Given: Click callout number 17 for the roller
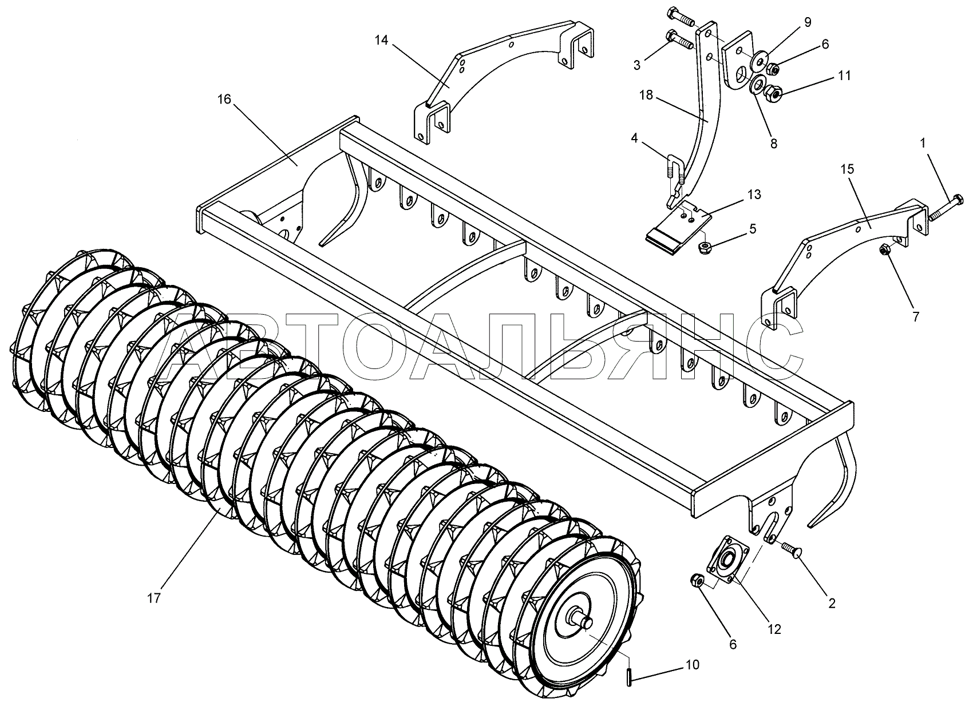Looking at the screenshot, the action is pyautogui.click(x=154, y=598).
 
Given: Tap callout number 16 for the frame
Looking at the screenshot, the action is pyautogui.click(x=224, y=100).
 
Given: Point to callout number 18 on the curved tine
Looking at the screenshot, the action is pyautogui.click(x=646, y=95).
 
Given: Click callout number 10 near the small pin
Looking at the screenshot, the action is pyautogui.click(x=693, y=665).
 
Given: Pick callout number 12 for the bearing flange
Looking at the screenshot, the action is pyautogui.click(x=774, y=629).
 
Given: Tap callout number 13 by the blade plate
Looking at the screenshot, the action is pyautogui.click(x=754, y=194).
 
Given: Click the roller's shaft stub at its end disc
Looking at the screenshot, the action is pyautogui.click(x=583, y=622).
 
